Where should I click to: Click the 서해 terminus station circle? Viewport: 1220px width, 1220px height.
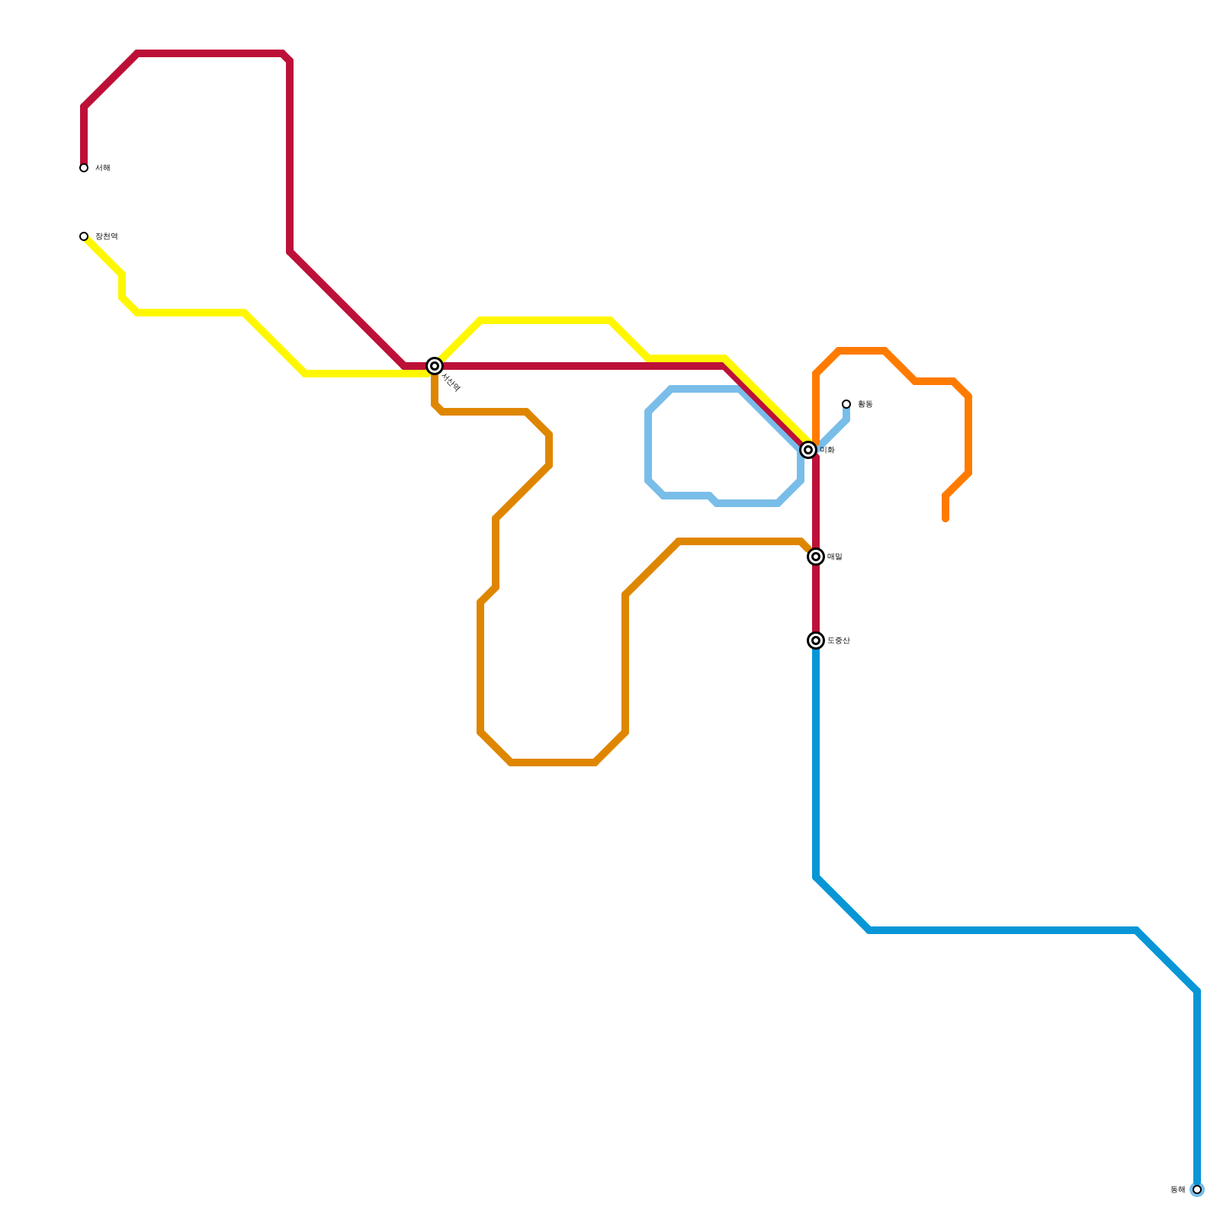click(x=84, y=168)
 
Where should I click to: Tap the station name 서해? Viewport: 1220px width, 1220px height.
click(x=103, y=168)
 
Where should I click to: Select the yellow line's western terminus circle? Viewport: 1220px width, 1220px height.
click(x=84, y=236)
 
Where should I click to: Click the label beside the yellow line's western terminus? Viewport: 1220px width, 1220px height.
click(x=107, y=236)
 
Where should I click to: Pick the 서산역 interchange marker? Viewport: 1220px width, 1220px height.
click(x=435, y=366)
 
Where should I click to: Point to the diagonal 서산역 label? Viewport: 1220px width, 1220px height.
click(x=451, y=383)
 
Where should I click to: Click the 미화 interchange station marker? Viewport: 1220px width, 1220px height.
click(x=808, y=450)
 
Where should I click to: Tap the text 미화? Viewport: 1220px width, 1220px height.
click(x=827, y=450)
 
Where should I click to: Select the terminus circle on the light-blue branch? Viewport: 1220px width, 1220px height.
click(x=846, y=404)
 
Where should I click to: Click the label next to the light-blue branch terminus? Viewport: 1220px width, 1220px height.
click(x=865, y=404)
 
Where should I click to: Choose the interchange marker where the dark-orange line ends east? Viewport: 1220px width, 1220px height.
click(x=816, y=557)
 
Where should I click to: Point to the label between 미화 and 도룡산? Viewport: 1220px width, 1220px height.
click(x=835, y=557)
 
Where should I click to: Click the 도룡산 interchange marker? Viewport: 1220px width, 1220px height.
click(x=816, y=640)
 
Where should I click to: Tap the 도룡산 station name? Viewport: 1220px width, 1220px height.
click(x=839, y=640)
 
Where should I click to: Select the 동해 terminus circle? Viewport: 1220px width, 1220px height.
click(x=1197, y=1189)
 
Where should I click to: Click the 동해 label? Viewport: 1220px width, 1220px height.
click(x=1178, y=1189)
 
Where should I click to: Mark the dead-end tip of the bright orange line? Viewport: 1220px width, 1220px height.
click(x=945, y=518)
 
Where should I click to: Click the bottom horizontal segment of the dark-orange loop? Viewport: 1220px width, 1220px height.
click(x=553, y=762)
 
